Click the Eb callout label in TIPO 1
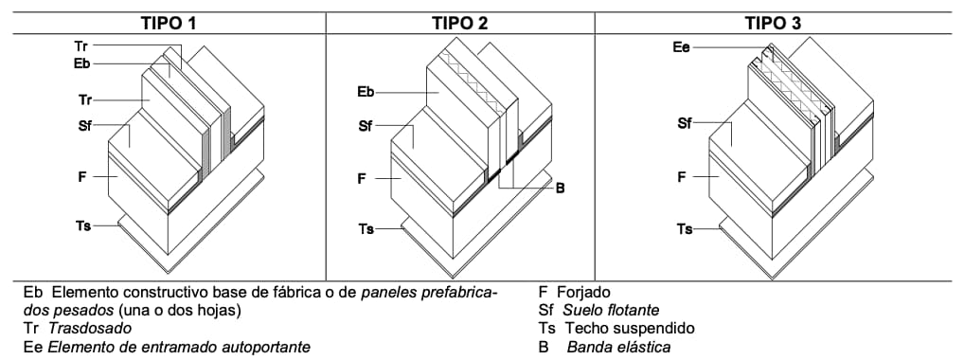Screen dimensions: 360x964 click(x=80, y=63)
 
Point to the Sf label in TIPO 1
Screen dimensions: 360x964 click(x=86, y=126)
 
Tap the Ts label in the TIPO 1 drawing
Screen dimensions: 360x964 click(x=82, y=225)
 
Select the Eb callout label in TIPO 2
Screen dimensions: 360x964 click(x=366, y=92)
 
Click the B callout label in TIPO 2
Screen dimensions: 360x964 click(x=560, y=189)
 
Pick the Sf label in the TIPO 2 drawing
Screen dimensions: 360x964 click(x=366, y=126)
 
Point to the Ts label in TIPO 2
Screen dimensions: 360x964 click(x=366, y=228)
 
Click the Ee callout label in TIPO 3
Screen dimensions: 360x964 click(x=681, y=45)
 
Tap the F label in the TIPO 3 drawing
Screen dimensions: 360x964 click(x=682, y=176)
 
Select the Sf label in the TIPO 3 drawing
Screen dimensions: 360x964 click(x=685, y=123)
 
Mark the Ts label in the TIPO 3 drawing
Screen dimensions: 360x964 click(x=685, y=228)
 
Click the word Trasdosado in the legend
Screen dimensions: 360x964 click(x=90, y=328)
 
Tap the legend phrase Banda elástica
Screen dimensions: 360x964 click(x=619, y=347)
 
